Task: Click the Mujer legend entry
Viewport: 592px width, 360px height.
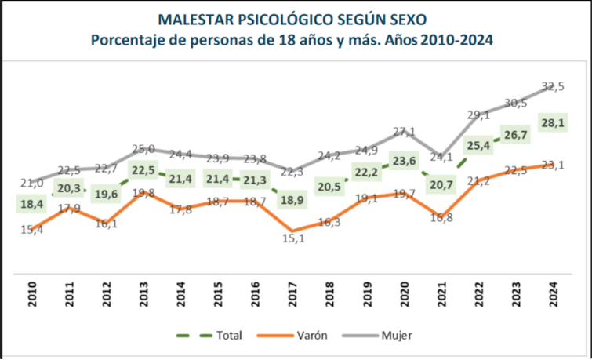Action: [x=397, y=335]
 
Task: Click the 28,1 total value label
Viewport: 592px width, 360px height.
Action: [x=554, y=122]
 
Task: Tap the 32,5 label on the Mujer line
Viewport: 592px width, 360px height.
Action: [x=554, y=86]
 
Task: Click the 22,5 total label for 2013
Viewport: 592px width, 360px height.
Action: [x=143, y=171]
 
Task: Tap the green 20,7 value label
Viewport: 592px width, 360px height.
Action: [x=443, y=185]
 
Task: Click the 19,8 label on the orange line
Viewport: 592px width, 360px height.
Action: [x=142, y=192]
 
